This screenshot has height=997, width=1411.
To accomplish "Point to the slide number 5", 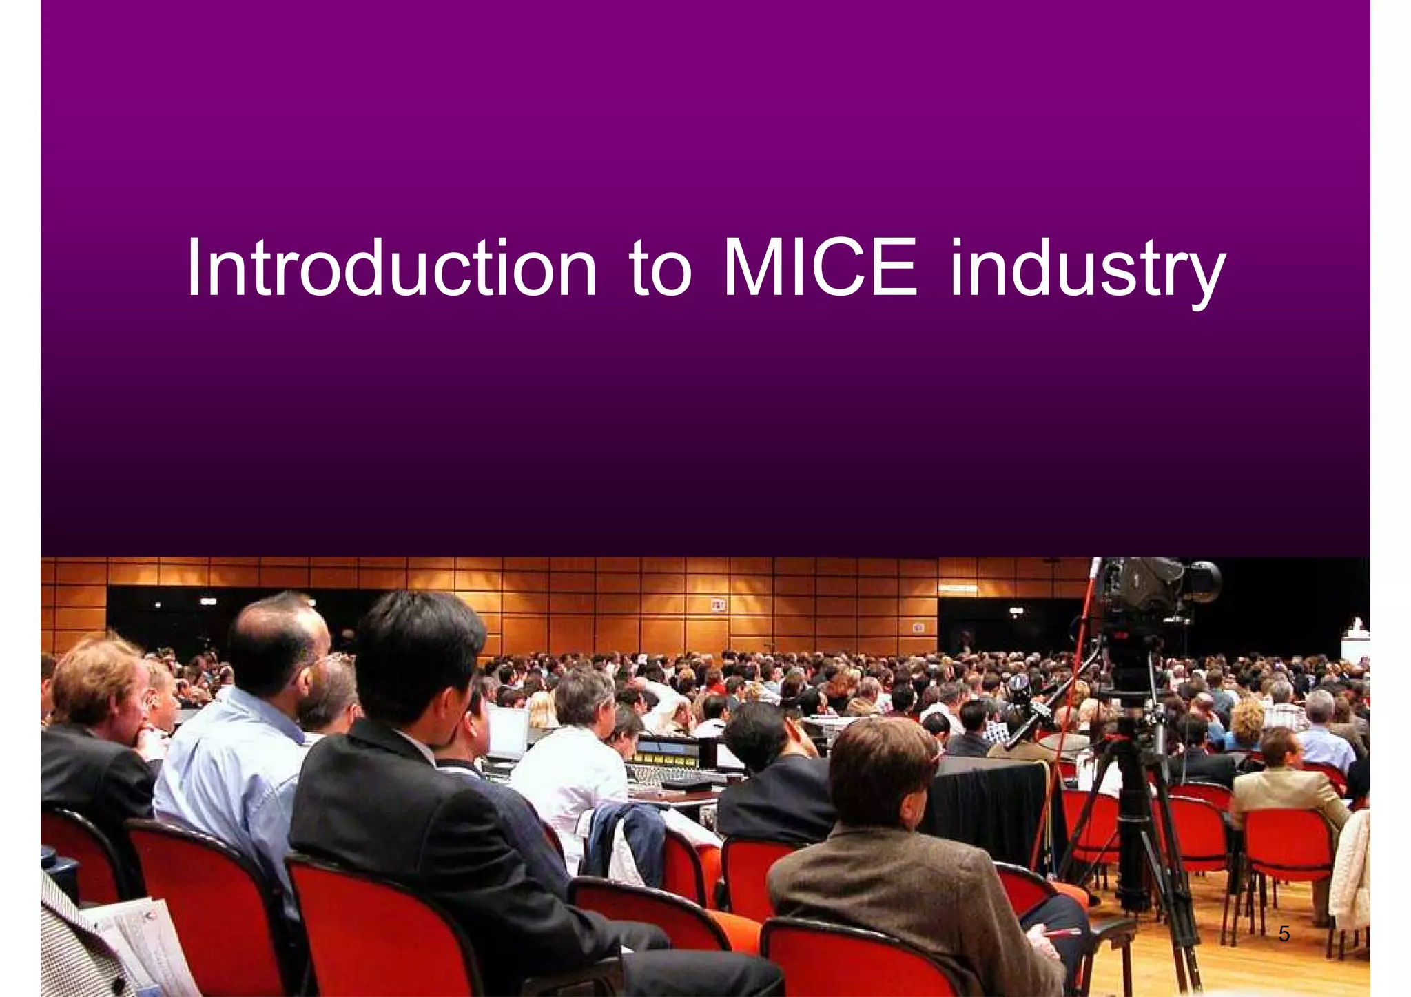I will coord(1284,934).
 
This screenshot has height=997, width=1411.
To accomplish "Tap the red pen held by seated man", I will coord(1061,934).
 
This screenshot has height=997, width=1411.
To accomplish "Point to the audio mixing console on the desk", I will coord(668,768).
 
